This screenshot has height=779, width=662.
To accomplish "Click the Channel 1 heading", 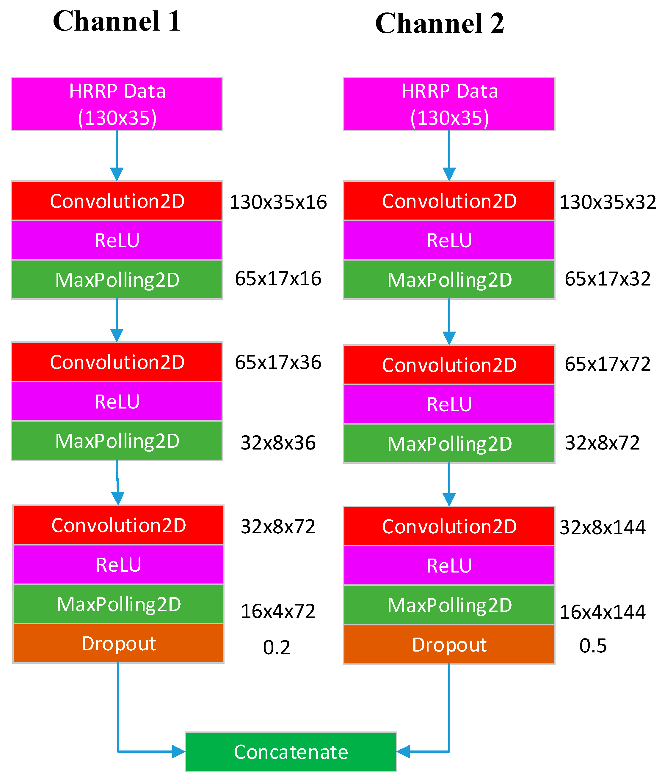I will [117, 21].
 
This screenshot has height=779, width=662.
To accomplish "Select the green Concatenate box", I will [291, 752].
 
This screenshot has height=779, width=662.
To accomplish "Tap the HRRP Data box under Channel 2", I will [449, 104].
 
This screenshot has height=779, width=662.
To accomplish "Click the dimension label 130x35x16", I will [278, 202].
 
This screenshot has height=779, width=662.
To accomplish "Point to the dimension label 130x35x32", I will [608, 202].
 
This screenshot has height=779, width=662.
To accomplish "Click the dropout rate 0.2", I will [277, 647].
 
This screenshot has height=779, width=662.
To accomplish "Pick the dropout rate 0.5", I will [593, 646].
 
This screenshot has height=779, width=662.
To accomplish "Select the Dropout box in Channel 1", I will [118, 644].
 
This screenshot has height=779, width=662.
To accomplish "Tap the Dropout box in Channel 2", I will [449, 645].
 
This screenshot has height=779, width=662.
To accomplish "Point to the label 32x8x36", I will [278, 443].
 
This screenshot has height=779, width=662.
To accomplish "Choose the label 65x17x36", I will [278, 362].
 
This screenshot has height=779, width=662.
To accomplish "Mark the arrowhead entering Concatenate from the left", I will [179, 752].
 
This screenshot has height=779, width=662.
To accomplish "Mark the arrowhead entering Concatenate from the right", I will [403, 752].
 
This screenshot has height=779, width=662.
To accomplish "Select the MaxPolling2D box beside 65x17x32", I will [449, 280].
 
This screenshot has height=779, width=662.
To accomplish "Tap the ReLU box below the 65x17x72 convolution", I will [449, 404].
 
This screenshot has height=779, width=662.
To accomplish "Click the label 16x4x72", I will [278, 611].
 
